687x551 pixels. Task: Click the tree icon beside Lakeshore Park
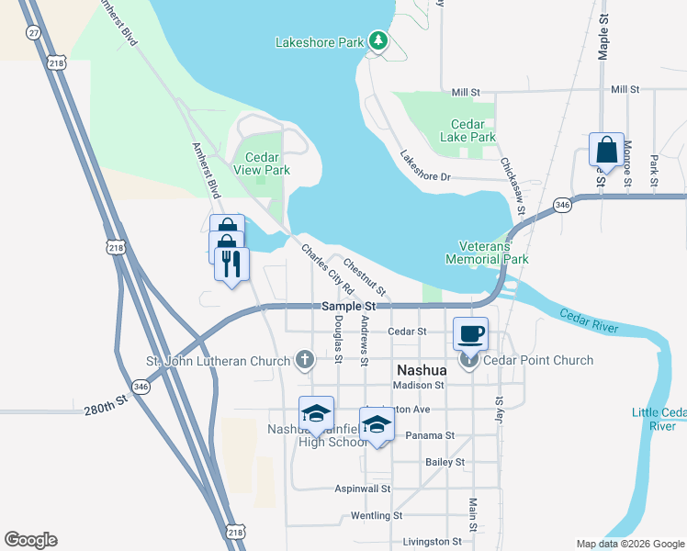[x=377, y=40]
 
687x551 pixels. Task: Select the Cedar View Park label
[x=262, y=163]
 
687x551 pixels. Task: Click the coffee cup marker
[x=470, y=332]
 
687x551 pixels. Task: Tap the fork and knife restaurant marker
[x=231, y=264]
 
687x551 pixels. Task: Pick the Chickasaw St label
[x=512, y=185]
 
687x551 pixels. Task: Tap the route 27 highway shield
[x=34, y=32]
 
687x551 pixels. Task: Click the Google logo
[x=30, y=540]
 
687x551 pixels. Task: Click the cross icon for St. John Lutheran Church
[x=305, y=360]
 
